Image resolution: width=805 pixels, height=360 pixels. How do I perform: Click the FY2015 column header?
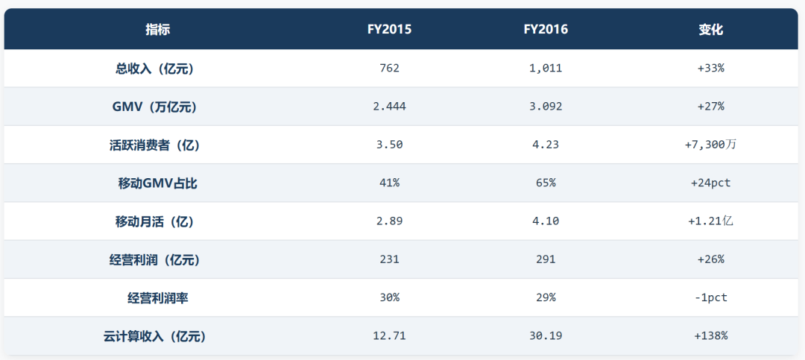[389, 30]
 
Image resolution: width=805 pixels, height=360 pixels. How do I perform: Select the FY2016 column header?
[546, 30]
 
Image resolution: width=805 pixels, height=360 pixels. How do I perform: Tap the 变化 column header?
[710, 30]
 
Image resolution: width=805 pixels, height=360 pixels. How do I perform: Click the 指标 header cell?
[157, 30]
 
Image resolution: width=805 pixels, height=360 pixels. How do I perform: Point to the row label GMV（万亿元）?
[154, 107]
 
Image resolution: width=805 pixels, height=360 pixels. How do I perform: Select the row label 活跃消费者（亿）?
[154, 145]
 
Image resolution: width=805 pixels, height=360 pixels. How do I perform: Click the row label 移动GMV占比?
[157, 183]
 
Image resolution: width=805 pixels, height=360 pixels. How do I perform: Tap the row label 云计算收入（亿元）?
[154, 337]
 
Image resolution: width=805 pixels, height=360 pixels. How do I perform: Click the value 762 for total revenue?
[389, 69]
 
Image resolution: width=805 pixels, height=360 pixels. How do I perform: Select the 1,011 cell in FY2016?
[546, 69]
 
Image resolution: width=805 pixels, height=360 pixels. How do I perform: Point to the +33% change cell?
[710, 69]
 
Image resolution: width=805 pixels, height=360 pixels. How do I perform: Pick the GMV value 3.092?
[546, 107]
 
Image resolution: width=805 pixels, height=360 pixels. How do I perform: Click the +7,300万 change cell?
[710, 145]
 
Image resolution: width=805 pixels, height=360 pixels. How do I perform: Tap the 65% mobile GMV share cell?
[546, 183]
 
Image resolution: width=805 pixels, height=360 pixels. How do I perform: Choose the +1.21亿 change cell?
[710, 222]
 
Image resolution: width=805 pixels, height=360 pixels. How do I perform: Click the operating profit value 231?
[389, 260]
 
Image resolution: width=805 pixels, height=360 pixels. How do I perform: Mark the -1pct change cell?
[710, 298]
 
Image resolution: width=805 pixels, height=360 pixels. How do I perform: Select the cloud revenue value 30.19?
[546, 337]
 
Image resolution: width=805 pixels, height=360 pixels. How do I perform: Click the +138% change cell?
[710, 337]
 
